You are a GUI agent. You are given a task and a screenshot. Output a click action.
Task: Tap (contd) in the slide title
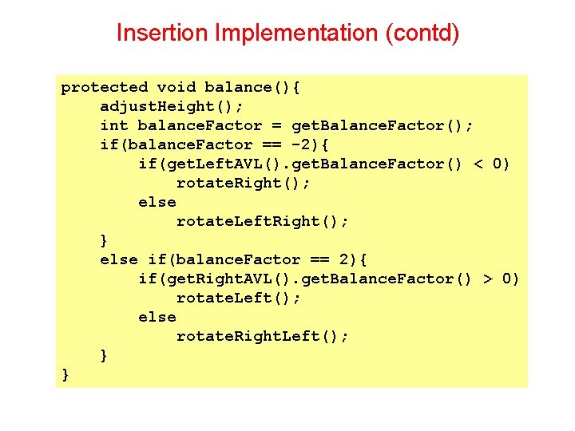422,34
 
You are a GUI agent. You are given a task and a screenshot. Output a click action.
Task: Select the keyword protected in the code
105,87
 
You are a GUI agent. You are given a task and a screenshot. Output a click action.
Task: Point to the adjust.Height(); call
172,106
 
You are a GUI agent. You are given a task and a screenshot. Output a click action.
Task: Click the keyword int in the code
113,125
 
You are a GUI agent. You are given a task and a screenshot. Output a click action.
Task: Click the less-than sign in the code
478,164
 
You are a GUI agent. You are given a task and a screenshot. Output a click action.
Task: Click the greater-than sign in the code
488,279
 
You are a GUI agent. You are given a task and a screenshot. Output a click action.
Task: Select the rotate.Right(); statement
243,183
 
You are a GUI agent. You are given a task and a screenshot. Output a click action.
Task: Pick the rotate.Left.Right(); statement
262,221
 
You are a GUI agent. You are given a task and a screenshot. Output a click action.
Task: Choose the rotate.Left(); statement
238,298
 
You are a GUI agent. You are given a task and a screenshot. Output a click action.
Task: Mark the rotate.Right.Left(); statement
262,336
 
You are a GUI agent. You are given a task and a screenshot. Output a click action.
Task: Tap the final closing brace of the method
65,374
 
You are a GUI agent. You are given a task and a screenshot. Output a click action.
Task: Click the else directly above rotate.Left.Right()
157,202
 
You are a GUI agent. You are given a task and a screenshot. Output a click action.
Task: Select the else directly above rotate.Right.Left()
157,317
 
